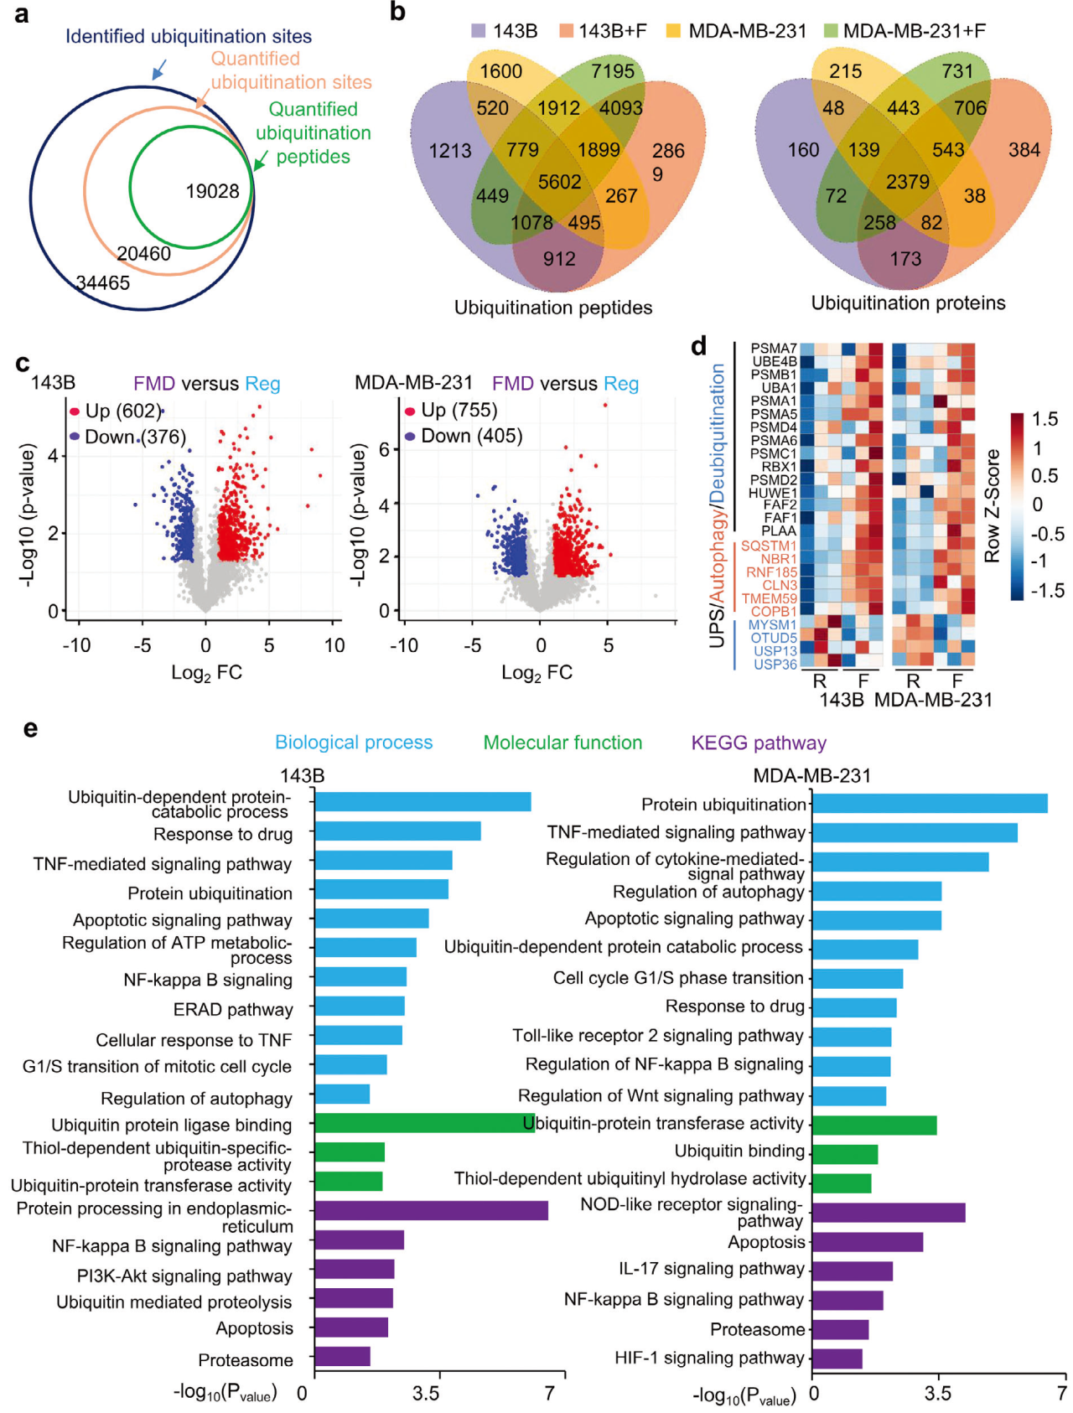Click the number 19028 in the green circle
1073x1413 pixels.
coord(212,191)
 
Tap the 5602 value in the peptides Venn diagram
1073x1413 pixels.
coord(559,182)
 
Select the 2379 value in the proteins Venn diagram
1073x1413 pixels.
coord(908,182)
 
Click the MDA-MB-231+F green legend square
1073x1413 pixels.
coord(831,31)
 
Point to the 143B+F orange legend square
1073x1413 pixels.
coord(568,31)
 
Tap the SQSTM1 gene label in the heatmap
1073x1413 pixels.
coord(769,546)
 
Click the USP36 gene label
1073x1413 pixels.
coord(775,665)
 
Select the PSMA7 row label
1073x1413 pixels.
coord(773,348)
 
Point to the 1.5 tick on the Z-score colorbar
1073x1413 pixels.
coord(1044,419)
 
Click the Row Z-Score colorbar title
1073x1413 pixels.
coord(993,505)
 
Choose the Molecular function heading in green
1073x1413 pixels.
coord(562,743)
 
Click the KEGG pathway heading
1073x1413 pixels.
coord(758,743)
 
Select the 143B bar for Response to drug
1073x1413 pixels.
coord(397,831)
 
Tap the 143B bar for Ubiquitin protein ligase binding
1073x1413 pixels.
coord(424,1123)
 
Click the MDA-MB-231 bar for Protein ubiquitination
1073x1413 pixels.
coord(929,804)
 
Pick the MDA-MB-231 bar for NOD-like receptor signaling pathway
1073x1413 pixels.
coord(888,1213)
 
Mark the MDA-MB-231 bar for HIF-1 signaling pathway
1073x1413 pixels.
coord(837,1359)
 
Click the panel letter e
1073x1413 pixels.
coord(30,728)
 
